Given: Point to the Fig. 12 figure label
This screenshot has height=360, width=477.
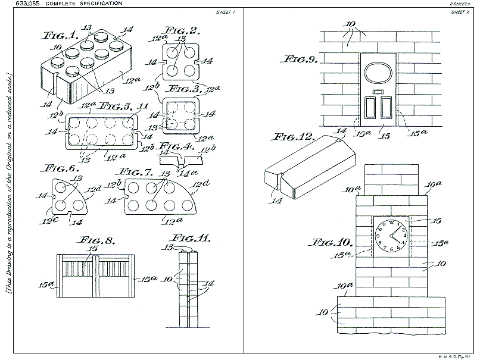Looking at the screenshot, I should (x=290, y=137).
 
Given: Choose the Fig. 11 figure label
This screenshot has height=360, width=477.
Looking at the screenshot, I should (x=195, y=240).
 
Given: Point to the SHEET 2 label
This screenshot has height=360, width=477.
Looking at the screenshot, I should (x=459, y=11).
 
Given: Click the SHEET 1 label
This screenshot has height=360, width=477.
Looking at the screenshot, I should (x=227, y=11).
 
